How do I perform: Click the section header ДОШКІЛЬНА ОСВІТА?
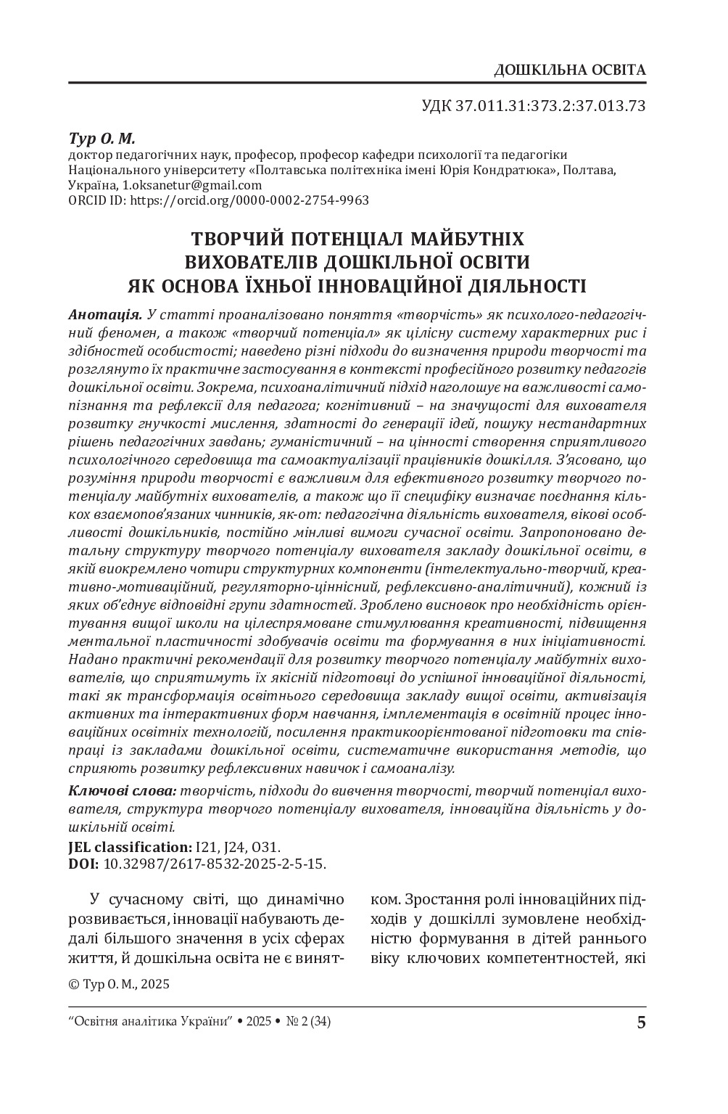(x=568, y=70)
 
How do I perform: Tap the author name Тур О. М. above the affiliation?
(x=102, y=138)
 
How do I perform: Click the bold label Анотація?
(x=104, y=316)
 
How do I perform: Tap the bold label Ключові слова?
(x=121, y=791)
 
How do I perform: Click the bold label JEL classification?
(x=129, y=847)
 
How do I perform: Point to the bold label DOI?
(x=83, y=864)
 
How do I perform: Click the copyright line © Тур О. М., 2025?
(x=118, y=985)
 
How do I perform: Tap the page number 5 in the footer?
(x=640, y=1023)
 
